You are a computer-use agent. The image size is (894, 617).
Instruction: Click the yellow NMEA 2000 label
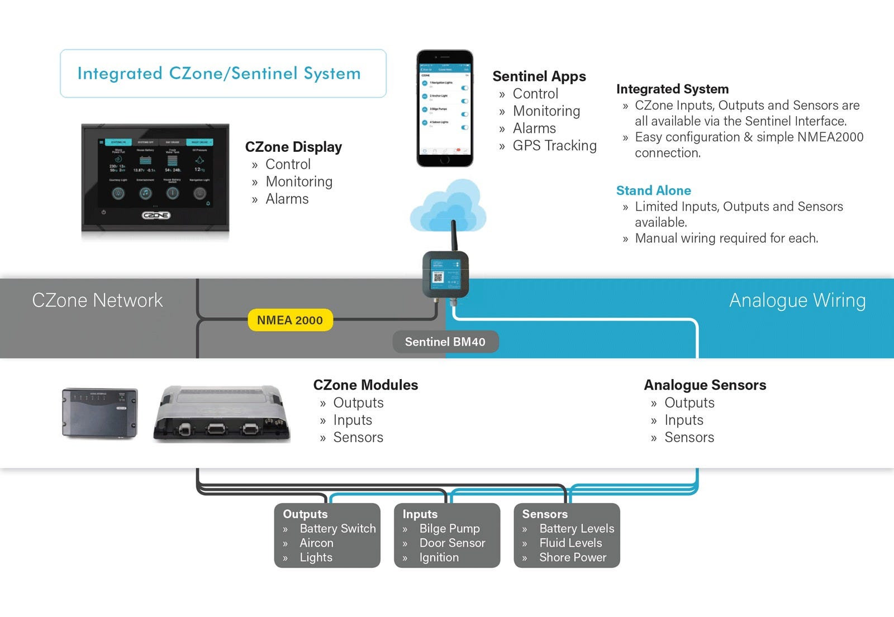(x=290, y=320)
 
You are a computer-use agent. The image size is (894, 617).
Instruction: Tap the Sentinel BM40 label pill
(x=445, y=342)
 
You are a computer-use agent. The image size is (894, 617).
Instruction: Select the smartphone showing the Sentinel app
(x=445, y=108)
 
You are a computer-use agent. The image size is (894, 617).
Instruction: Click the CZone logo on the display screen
(x=156, y=216)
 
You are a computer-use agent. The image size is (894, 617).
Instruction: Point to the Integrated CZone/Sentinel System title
(x=219, y=74)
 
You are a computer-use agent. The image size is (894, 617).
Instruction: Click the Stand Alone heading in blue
(x=653, y=190)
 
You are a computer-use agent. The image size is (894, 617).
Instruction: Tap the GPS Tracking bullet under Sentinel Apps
(x=554, y=146)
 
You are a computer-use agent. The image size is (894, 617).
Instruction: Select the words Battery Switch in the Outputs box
(x=337, y=528)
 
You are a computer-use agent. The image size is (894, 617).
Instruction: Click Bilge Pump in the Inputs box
(x=449, y=528)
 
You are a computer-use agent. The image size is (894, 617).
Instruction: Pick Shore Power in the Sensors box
(x=572, y=557)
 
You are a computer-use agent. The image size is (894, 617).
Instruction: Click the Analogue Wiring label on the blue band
(x=797, y=300)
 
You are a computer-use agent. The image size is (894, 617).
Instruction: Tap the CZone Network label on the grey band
(x=97, y=300)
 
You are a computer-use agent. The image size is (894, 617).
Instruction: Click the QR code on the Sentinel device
(x=439, y=277)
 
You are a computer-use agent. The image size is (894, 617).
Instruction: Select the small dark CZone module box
(x=99, y=413)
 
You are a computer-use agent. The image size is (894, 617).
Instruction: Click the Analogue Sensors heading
(x=705, y=385)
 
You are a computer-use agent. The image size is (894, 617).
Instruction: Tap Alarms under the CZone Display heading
(x=287, y=199)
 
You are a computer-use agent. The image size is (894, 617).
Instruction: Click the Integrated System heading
(x=672, y=89)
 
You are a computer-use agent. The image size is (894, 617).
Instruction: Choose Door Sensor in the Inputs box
(x=452, y=543)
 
